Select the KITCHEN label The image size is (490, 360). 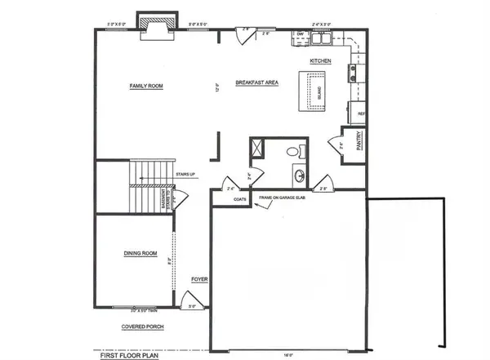tap(319, 61)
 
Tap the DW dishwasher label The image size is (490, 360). tap(301, 35)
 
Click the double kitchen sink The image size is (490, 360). tap(321, 38)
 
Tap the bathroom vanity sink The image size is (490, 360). tap(298, 175)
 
